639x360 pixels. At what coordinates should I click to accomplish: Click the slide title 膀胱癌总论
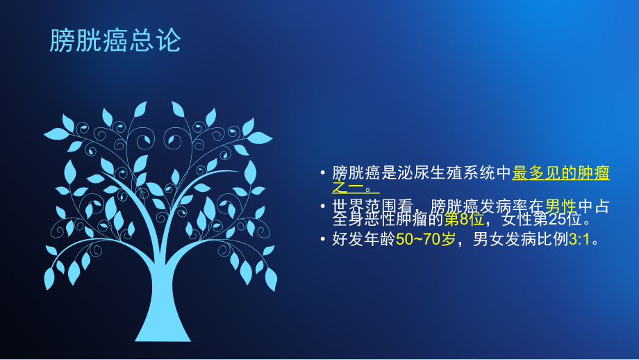pos(115,40)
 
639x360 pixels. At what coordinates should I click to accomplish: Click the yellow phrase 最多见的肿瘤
pos(561,173)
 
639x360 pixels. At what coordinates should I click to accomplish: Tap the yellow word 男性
pos(561,206)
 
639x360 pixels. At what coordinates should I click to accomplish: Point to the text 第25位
pos(563,220)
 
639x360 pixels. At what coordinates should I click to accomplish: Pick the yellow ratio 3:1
pos(581,240)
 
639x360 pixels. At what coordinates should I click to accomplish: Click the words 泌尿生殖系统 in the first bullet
pos(454,173)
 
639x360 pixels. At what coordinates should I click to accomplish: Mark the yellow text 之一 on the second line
pos(348,186)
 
